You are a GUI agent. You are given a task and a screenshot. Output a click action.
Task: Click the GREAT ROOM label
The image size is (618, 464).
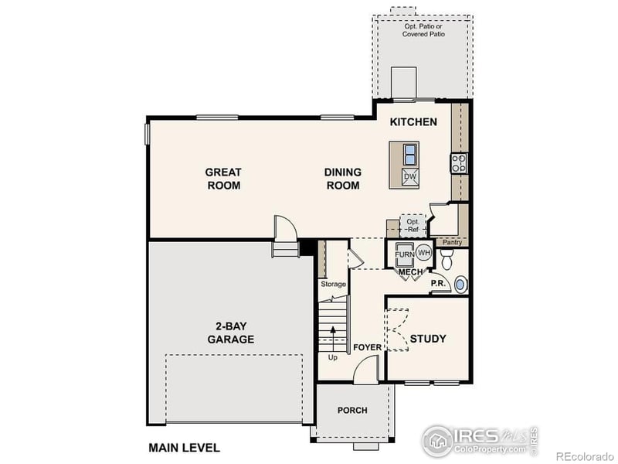pyautogui.click(x=222, y=179)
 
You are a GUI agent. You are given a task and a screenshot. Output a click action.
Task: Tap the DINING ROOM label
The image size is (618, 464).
pyautogui.click(x=342, y=179)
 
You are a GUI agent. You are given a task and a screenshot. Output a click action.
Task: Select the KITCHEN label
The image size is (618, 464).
pyautogui.click(x=413, y=122)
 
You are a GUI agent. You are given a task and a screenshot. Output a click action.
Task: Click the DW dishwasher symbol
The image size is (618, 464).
pyautogui.click(x=410, y=177)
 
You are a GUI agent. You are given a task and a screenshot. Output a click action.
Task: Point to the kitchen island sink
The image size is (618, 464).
pyautogui.click(x=410, y=152)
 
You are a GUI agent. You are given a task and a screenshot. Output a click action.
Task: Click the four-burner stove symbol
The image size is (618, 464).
pyautogui.click(x=459, y=163)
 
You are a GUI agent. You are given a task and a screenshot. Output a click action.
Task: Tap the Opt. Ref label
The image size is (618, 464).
pyautogui.click(x=413, y=225)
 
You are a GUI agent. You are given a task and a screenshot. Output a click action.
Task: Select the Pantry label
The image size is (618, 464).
pyautogui.click(x=452, y=242)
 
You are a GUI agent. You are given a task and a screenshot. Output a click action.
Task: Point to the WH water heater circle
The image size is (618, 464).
pyautogui.click(x=424, y=253)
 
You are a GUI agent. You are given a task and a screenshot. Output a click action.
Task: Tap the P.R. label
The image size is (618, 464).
pyautogui.click(x=438, y=284)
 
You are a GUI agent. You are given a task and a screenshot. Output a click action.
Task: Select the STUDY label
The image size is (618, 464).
pyautogui.click(x=427, y=339)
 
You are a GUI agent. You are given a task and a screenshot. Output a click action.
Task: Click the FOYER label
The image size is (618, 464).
pyautogui.click(x=367, y=347)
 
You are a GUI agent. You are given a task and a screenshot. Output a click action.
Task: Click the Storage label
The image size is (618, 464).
pyautogui.click(x=333, y=284)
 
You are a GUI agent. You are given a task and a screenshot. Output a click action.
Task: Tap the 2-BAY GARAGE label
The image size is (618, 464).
pyautogui.click(x=230, y=333)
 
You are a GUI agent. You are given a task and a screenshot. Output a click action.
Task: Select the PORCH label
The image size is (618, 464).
pyautogui.click(x=352, y=410)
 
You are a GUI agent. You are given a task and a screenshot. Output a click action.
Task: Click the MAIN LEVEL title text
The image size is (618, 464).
pyautogui.click(x=184, y=447)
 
